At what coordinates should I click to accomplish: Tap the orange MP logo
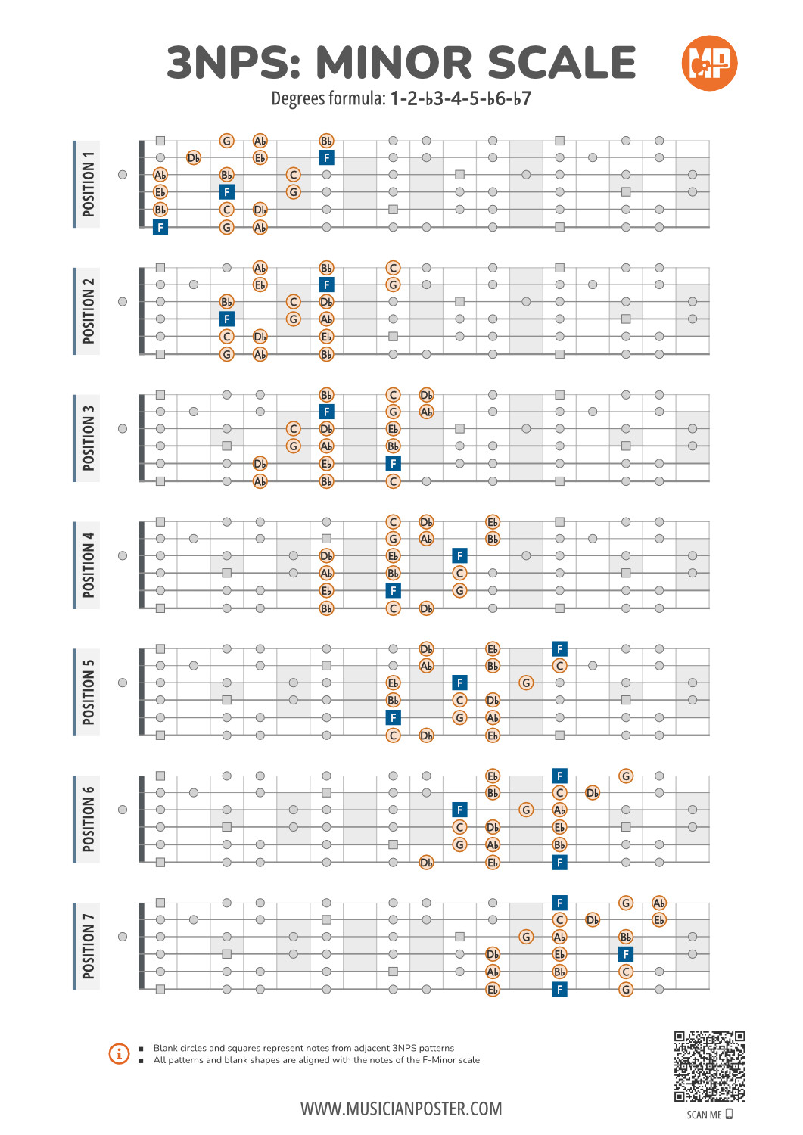click(709, 63)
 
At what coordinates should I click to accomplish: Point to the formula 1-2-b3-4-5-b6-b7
click(460, 99)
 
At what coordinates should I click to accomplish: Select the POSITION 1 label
click(88, 184)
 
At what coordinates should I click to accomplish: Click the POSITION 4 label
click(88, 565)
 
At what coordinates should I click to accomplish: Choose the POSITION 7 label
click(88, 946)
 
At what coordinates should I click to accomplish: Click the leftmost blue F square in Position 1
click(160, 227)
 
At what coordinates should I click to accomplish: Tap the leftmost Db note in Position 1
click(194, 157)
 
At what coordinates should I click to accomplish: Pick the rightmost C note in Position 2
click(393, 268)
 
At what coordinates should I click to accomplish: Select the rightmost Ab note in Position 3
click(426, 412)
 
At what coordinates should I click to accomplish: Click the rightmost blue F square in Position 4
click(459, 555)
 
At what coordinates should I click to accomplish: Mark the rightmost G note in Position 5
click(526, 683)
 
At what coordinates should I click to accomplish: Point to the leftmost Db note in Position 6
click(426, 862)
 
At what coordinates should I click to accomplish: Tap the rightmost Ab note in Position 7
click(659, 903)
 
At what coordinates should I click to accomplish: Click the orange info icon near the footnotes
click(120, 1053)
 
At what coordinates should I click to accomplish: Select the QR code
click(709, 1066)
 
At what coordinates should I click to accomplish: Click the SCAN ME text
click(704, 1115)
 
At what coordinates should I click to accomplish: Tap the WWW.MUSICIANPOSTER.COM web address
click(401, 1109)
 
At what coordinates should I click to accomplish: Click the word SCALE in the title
click(561, 62)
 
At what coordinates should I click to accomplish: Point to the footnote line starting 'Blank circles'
click(303, 1048)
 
